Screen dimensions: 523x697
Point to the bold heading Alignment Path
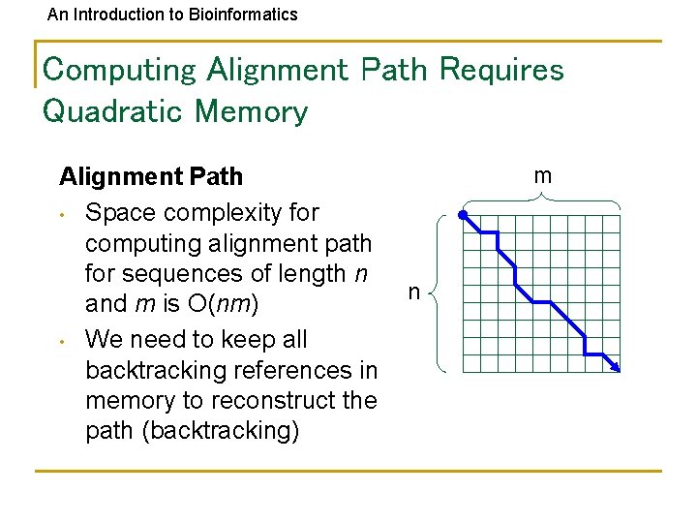(151, 176)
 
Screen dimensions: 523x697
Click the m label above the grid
(543, 175)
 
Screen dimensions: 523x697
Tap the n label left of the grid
(413, 292)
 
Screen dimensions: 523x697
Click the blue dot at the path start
(464, 215)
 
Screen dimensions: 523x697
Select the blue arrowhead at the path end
(616, 367)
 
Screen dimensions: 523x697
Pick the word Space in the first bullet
(119, 211)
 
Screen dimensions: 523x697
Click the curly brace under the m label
(541, 199)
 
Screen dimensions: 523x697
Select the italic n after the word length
(360, 273)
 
